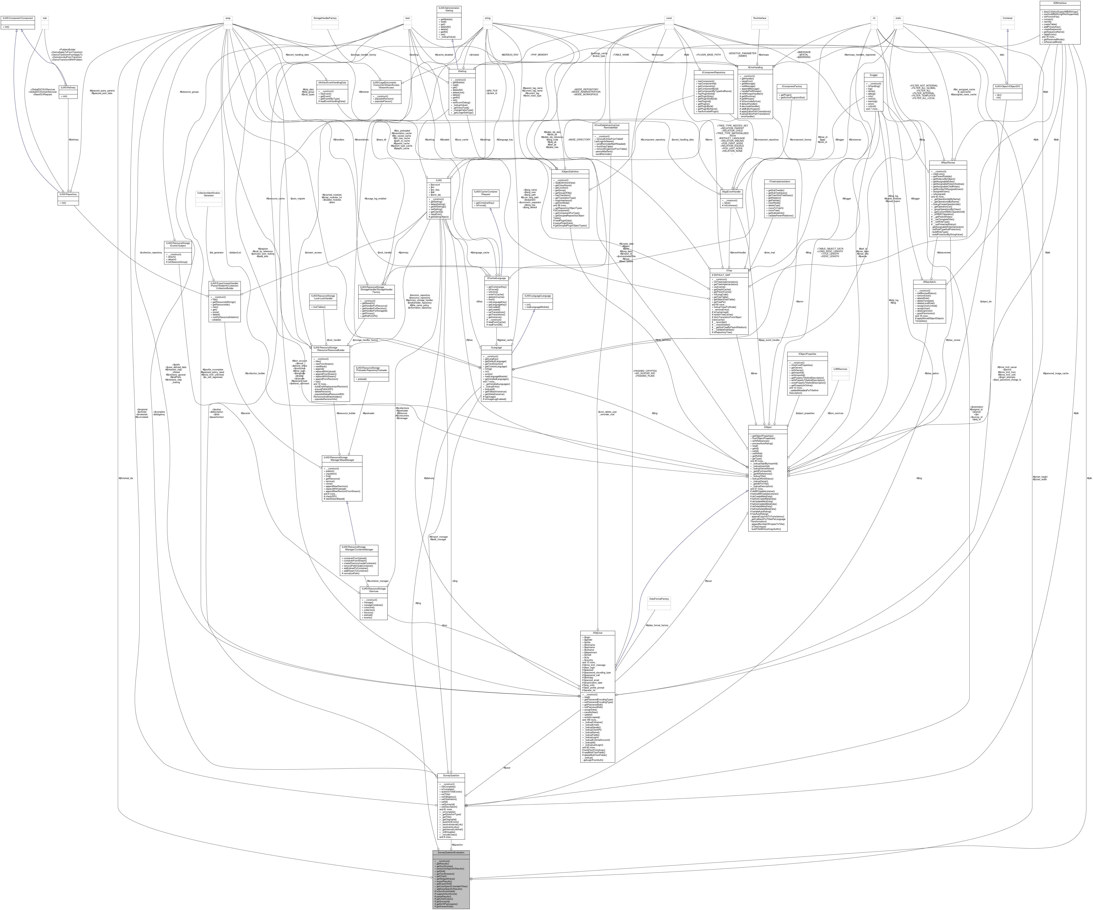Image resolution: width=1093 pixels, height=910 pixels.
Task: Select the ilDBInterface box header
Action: click(1060, 3)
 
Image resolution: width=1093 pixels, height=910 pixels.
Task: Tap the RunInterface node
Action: click(760, 18)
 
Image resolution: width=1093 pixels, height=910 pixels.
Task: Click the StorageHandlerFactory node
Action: click(325, 18)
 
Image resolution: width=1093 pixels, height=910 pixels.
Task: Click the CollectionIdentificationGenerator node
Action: click(208, 194)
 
